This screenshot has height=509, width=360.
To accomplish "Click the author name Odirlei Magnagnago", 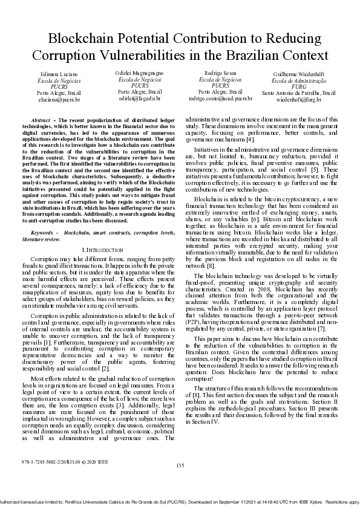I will (139, 73).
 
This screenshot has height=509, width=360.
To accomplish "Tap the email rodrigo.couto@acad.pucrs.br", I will (220, 97).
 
